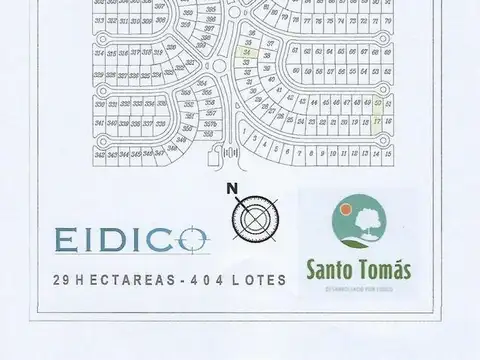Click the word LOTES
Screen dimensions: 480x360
261,280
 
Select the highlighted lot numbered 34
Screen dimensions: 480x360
245,54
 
